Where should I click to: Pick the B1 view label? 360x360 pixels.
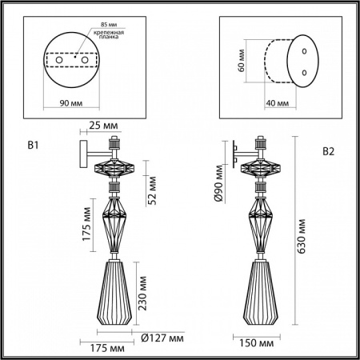click(34, 146)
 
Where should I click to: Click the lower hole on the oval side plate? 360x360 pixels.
click(304, 72)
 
